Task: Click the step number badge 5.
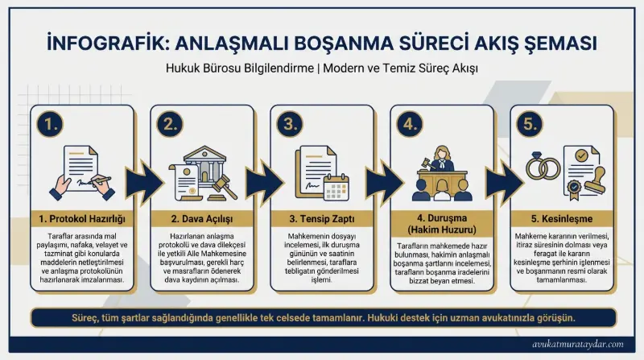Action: click(530, 125)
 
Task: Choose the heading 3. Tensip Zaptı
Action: click(322, 218)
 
